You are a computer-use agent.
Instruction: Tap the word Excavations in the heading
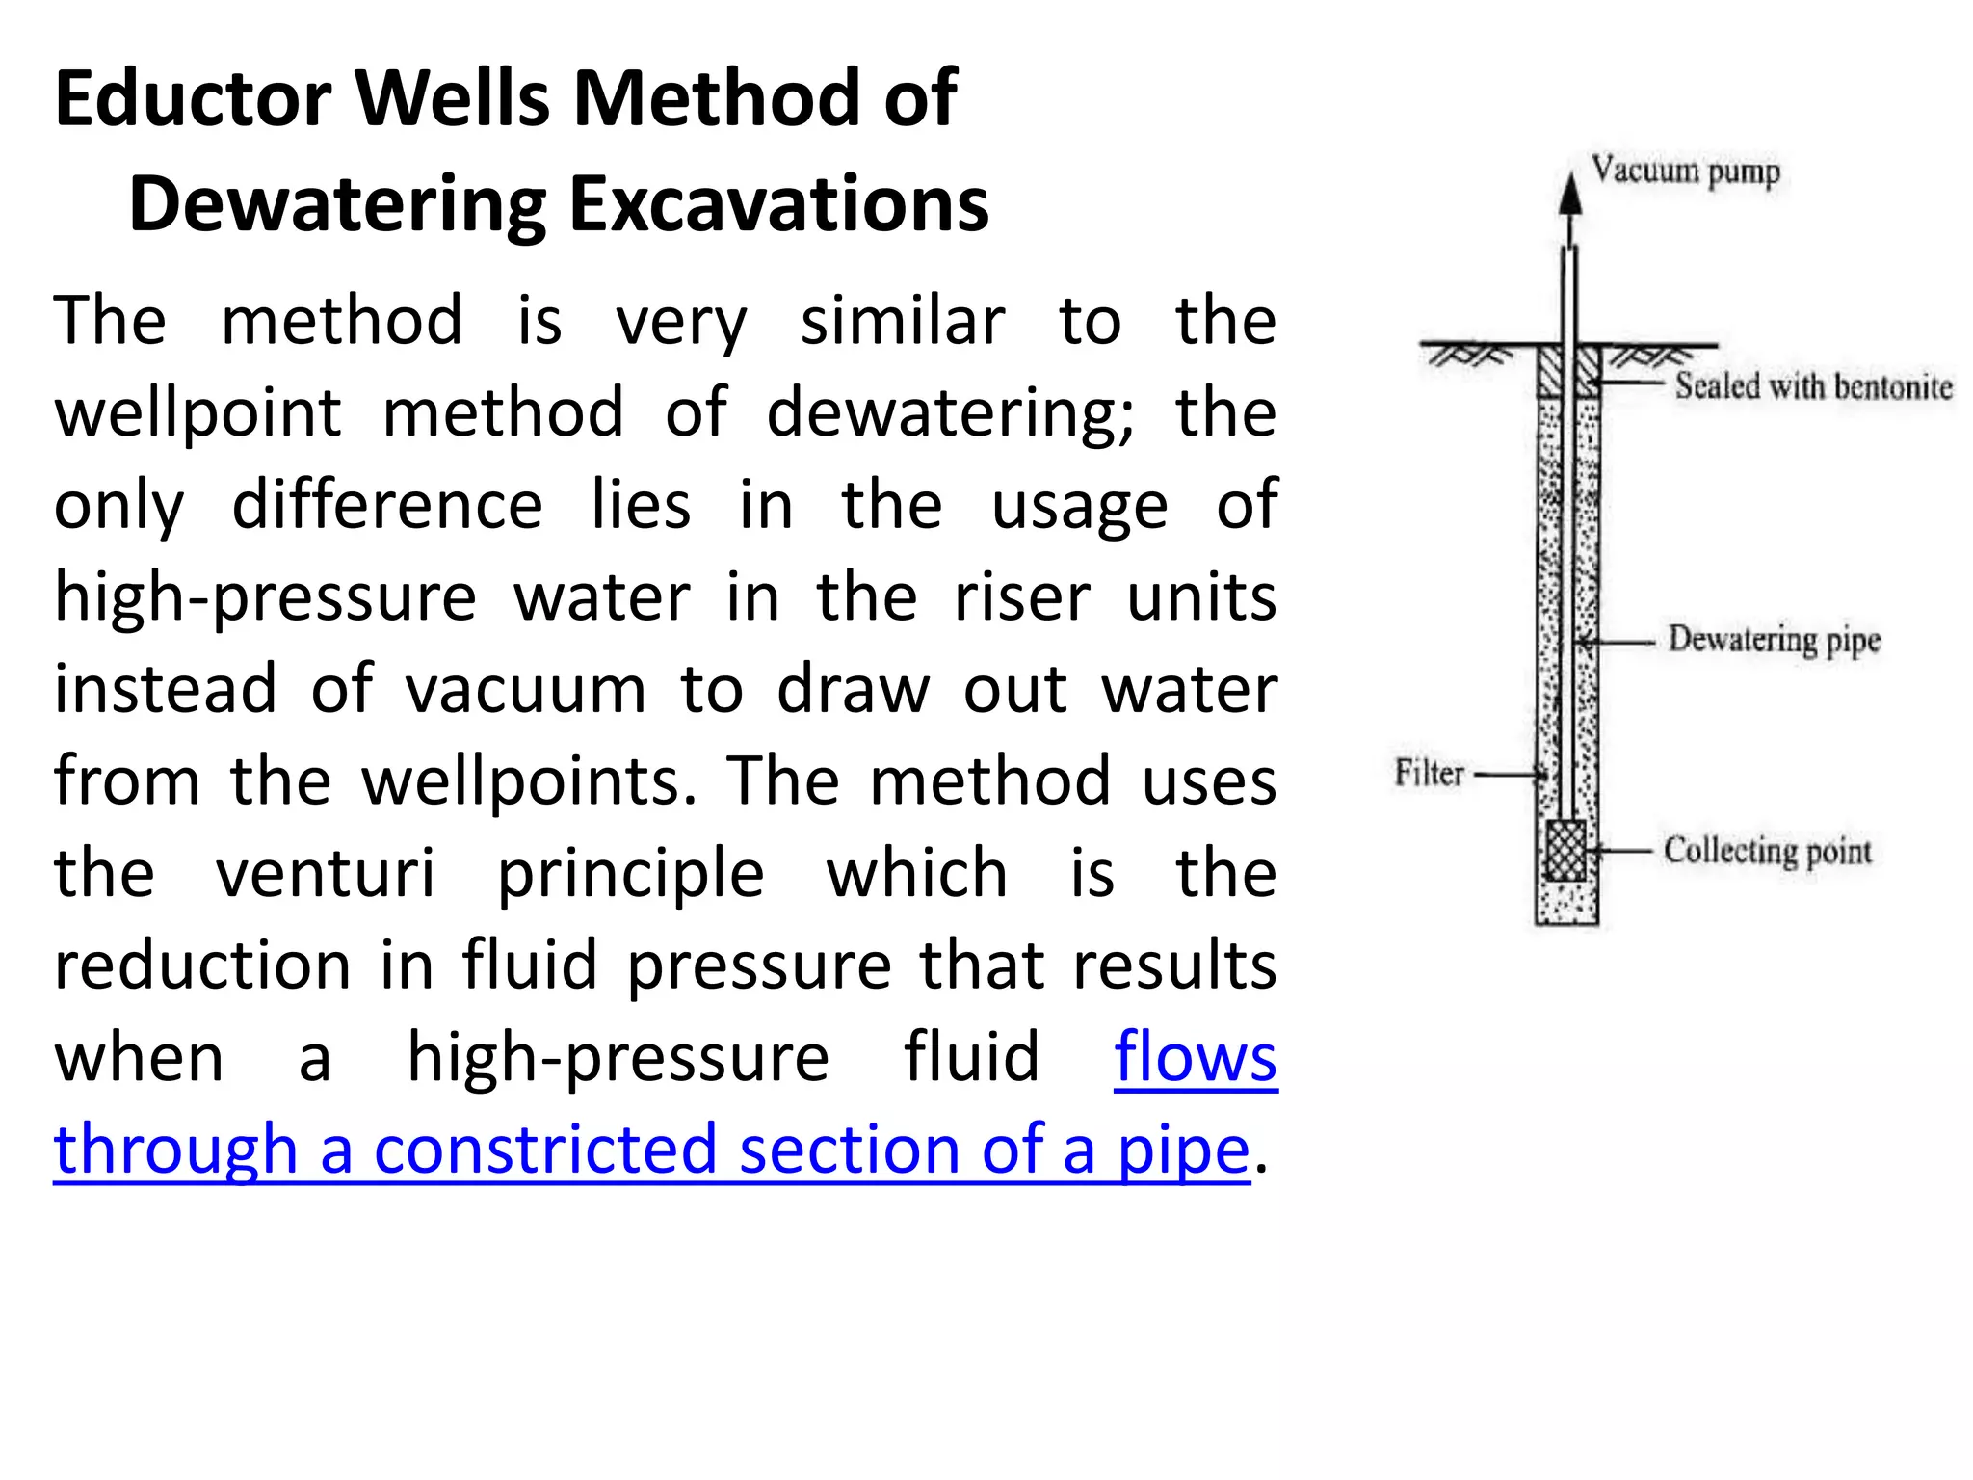click(x=778, y=204)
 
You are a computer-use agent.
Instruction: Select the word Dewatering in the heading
click(x=336, y=204)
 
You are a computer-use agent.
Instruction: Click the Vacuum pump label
click(x=1685, y=172)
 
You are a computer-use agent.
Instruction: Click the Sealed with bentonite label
click(x=1813, y=386)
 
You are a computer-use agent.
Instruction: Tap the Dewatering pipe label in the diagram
click(x=1774, y=639)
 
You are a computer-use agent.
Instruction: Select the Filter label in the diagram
click(x=1430, y=773)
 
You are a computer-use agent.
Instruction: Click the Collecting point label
click(x=1767, y=851)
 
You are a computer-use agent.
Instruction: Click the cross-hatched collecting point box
click(x=1565, y=851)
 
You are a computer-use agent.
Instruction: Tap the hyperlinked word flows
click(x=1195, y=1057)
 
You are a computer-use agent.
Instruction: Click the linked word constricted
click(x=545, y=1150)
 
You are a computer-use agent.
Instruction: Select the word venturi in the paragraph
click(x=326, y=873)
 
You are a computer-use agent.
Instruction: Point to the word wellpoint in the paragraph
click(x=197, y=412)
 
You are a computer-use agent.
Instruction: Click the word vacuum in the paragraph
click(x=525, y=689)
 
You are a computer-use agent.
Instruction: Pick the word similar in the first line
click(x=903, y=321)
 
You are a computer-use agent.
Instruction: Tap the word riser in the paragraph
click(x=1021, y=597)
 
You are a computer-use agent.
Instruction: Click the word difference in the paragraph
click(x=387, y=505)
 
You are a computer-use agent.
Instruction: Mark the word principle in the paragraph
click(x=631, y=873)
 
